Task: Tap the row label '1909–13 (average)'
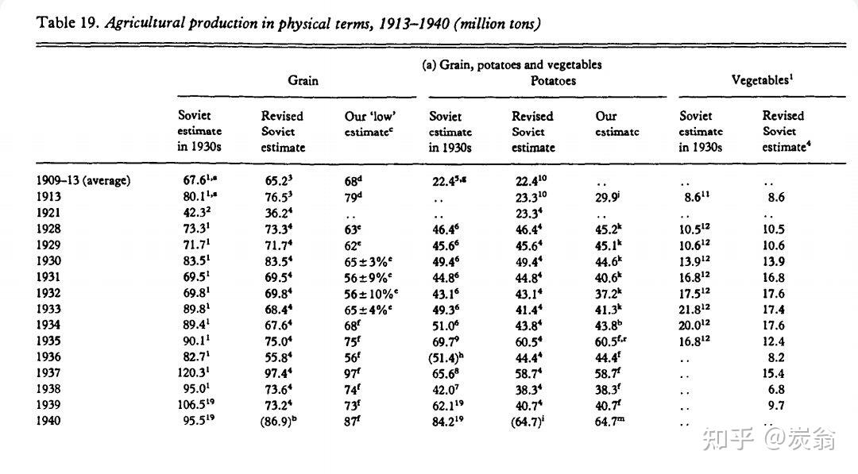[x=83, y=180]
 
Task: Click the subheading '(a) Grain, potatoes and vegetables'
[x=512, y=64]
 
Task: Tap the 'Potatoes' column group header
[x=553, y=80]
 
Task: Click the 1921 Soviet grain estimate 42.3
[x=195, y=214]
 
